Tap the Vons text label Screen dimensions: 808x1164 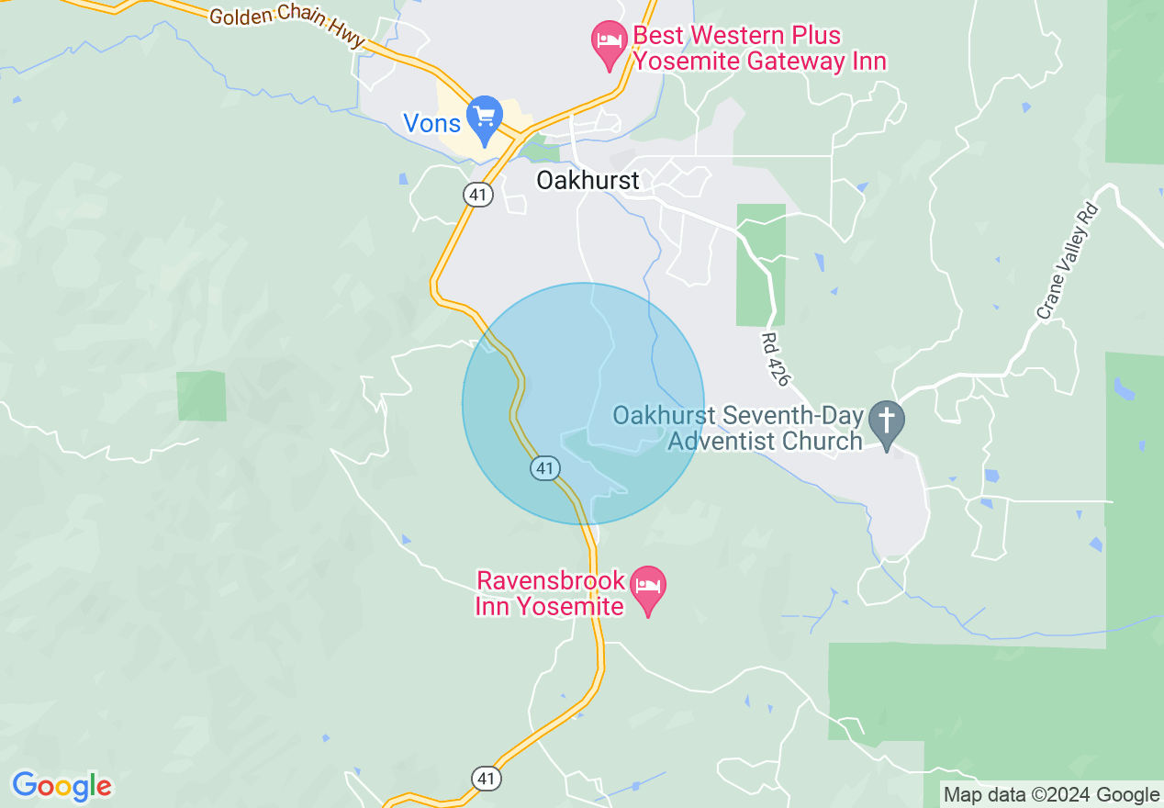tap(431, 123)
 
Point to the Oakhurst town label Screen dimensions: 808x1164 tap(588, 180)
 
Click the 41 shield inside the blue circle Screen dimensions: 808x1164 tap(545, 468)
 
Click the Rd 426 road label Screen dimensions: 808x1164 tap(775, 359)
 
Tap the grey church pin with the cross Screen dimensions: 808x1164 tap(887, 423)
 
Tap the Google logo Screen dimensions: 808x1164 tap(62, 786)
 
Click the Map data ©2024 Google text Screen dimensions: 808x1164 tap(1052, 795)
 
